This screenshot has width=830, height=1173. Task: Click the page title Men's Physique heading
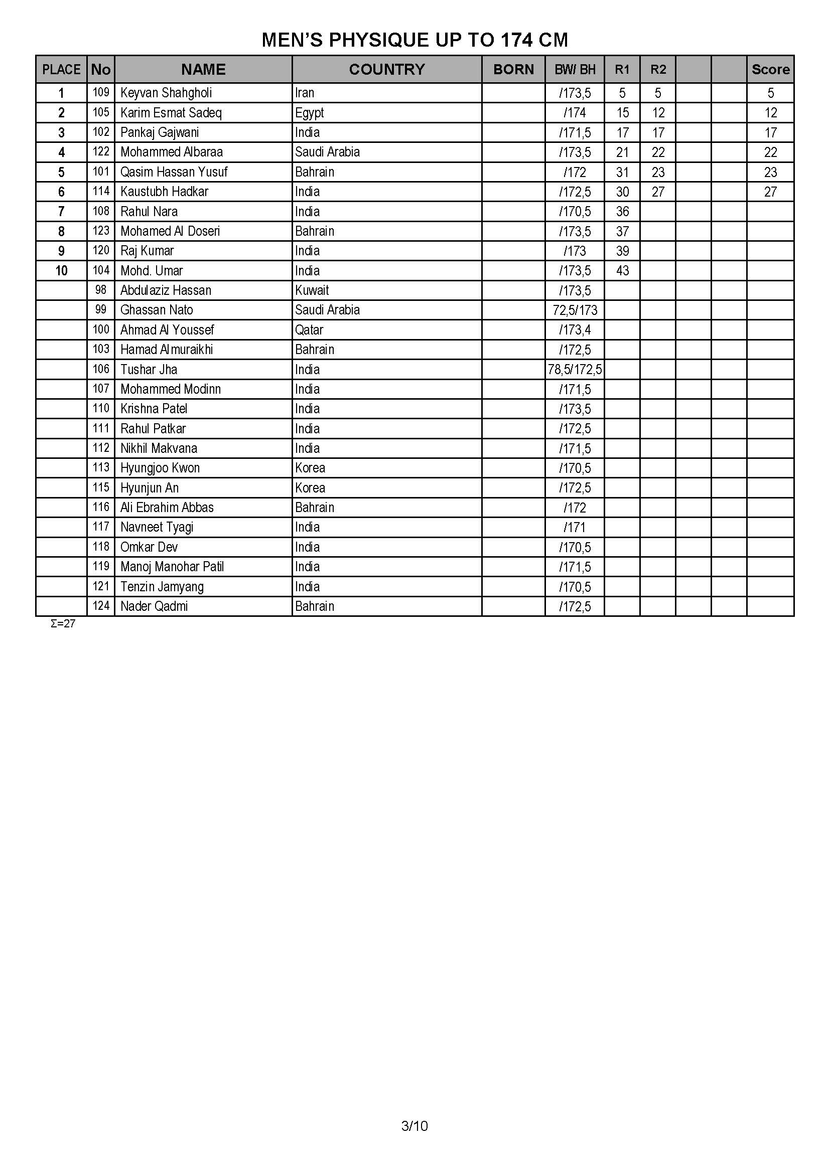[x=414, y=40]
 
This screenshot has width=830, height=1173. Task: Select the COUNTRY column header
[x=386, y=70]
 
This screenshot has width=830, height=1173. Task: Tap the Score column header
[x=770, y=70]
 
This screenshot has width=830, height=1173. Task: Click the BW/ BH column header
[x=575, y=70]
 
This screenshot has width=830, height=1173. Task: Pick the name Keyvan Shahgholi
[x=166, y=93]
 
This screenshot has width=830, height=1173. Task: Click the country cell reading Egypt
[x=309, y=113]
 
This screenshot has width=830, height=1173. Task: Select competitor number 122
[x=101, y=152]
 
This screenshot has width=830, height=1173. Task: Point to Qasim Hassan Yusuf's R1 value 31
[x=622, y=172]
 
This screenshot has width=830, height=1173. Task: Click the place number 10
[x=61, y=271]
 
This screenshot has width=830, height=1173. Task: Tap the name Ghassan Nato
[x=157, y=310]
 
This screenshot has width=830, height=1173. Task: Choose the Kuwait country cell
[x=312, y=291]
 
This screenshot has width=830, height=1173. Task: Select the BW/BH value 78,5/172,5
[x=575, y=370]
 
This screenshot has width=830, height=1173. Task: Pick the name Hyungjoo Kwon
[x=160, y=468]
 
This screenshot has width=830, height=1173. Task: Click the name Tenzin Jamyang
[x=162, y=587]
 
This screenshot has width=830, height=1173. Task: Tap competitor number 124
[x=101, y=606]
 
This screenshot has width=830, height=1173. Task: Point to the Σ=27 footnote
[x=63, y=624]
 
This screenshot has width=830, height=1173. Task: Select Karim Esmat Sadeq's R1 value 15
[x=622, y=113]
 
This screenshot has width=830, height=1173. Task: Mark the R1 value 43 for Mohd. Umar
[x=622, y=271]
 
